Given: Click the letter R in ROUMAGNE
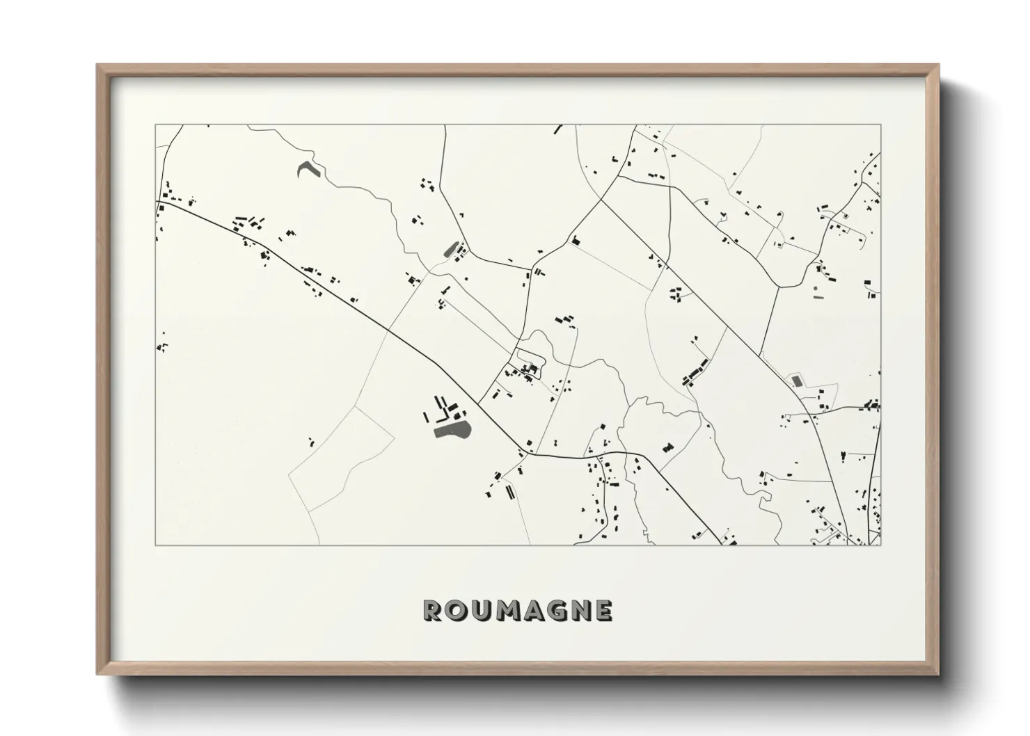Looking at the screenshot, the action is pos(432,610).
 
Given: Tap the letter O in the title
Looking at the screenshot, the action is pos(455,610).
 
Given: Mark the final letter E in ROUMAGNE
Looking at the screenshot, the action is pos(603,610).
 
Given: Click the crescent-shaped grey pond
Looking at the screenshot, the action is pos(306,169).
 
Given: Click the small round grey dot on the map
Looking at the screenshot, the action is pos(815,287).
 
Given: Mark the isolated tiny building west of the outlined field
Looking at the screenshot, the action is pos(311,441).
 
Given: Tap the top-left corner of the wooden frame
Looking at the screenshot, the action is pos(99,66).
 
